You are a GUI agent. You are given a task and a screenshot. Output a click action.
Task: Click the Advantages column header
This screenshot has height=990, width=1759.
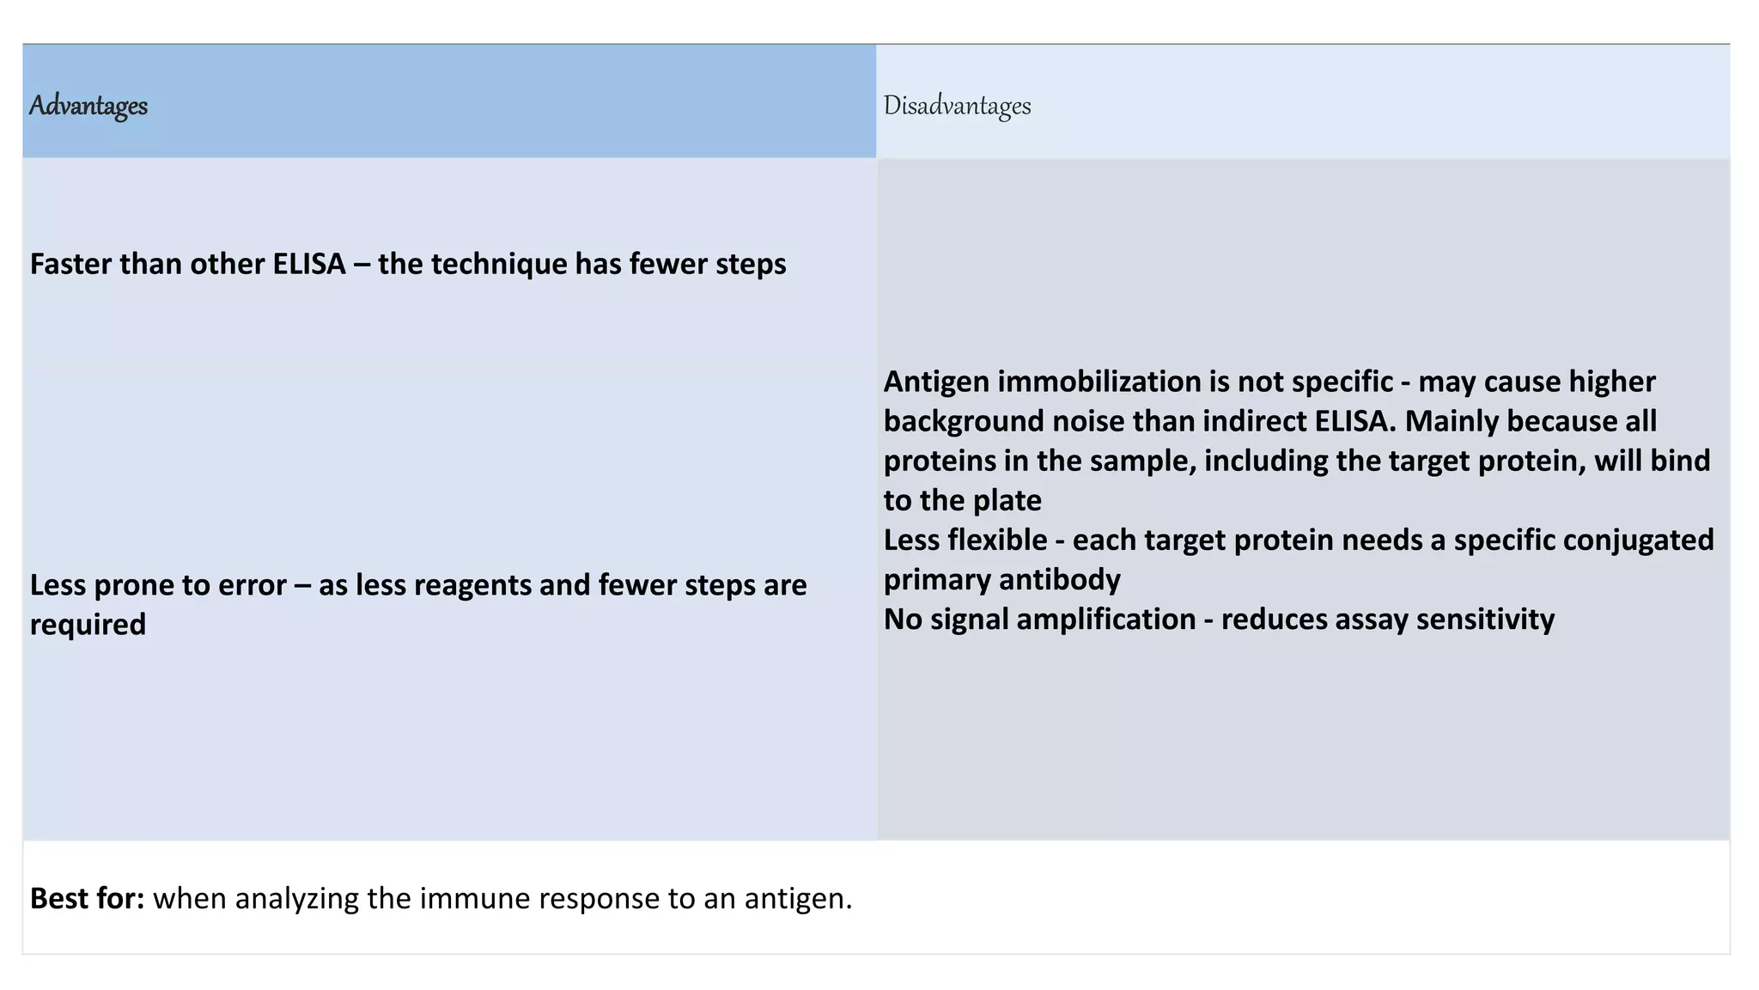pyautogui.click(x=88, y=106)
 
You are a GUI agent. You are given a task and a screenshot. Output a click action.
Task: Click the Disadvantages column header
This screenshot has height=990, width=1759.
pyautogui.click(x=957, y=106)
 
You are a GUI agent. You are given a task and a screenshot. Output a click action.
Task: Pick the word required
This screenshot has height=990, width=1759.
pyautogui.click(x=88, y=625)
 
